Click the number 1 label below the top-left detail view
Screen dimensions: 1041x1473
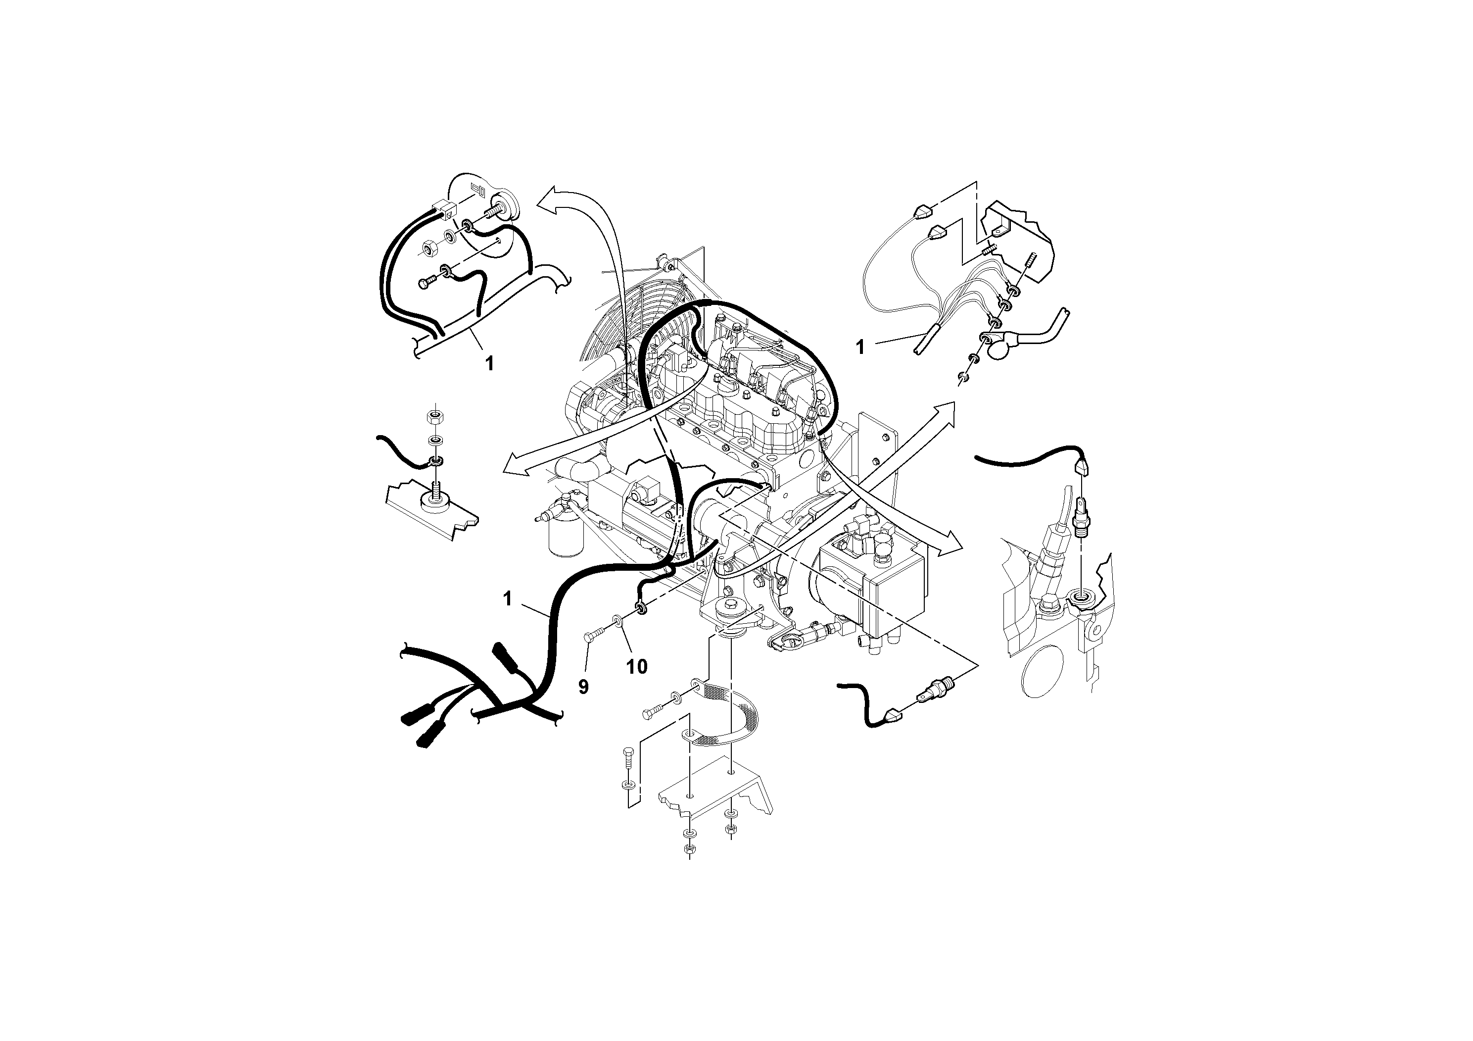[x=489, y=364]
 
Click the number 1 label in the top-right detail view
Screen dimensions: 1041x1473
[x=860, y=347]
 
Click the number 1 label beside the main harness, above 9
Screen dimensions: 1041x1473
[x=508, y=599]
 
